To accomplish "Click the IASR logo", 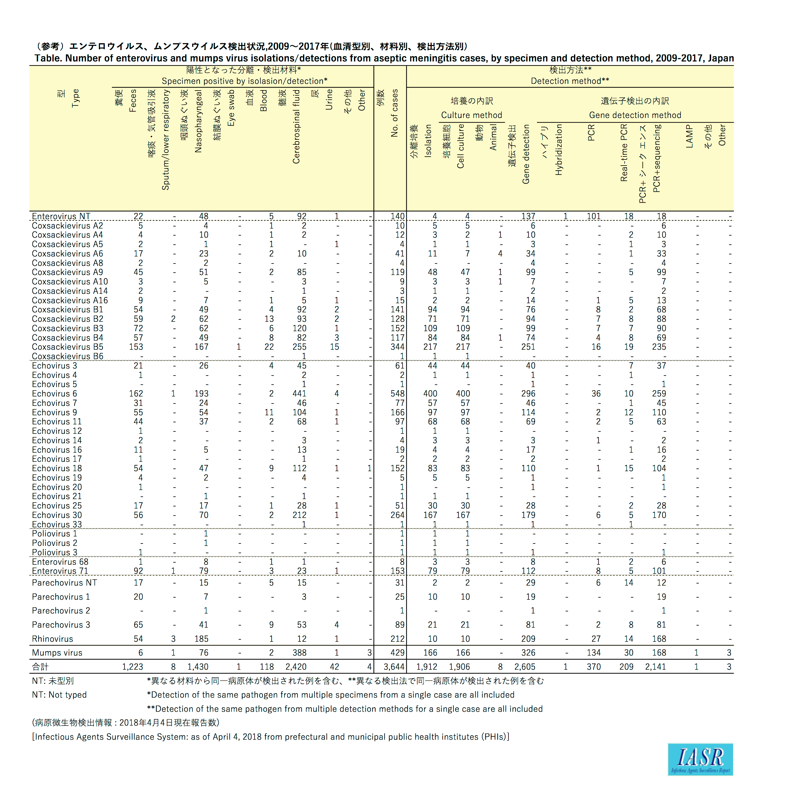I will coord(700,759).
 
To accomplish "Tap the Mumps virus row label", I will coord(57,653).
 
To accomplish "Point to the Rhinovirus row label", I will coord(52,639).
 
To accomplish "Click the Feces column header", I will coord(133,101).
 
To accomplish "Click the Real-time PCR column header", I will coord(624,153).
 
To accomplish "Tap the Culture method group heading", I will coord(471,115).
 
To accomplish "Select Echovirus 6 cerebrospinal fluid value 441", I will coord(299,394).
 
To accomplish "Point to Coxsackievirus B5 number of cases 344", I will coord(397,347).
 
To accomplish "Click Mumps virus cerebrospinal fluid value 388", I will coord(299,653).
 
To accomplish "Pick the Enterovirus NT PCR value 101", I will coord(594,216).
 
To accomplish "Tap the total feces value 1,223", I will coord(132,667).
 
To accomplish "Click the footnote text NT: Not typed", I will coord(59,695).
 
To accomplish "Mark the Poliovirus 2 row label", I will coord(54,543).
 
